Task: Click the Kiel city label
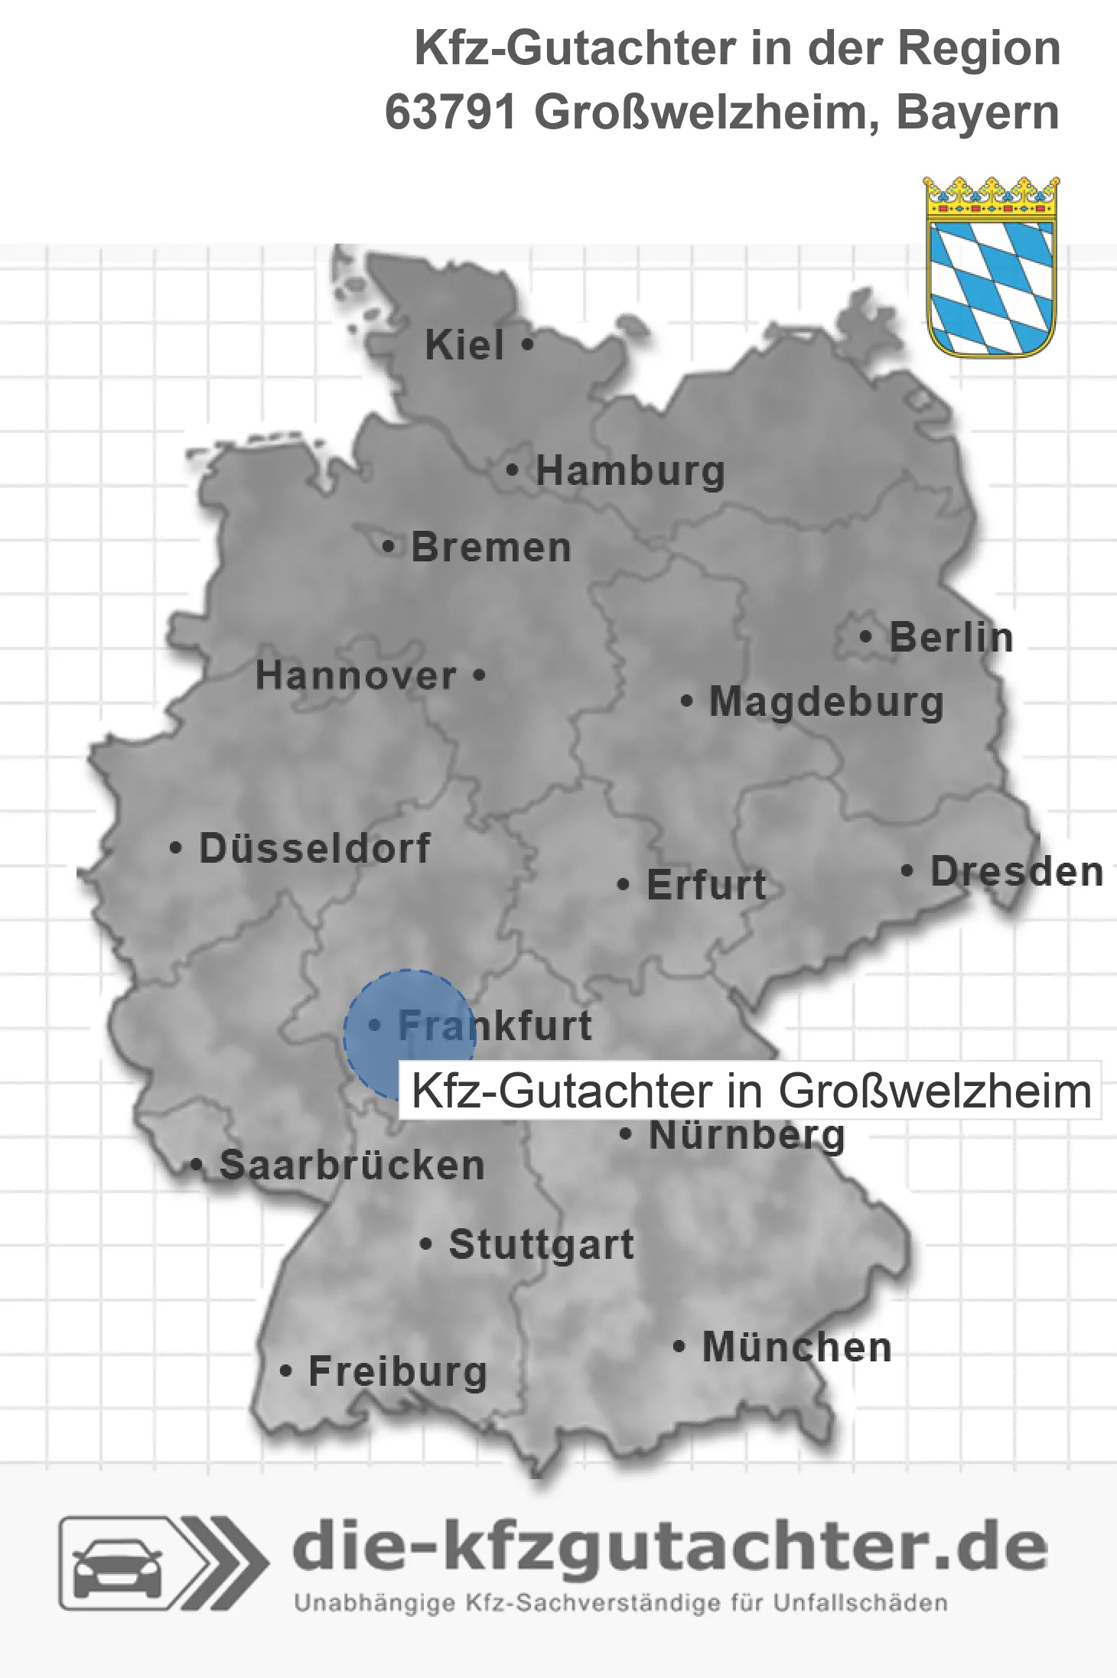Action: [464, 346]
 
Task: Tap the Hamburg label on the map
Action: [630, 471]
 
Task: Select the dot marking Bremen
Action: [389, 548]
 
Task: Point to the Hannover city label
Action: [356, 676]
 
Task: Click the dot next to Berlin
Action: [866, 636]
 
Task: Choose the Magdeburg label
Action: [826, 702]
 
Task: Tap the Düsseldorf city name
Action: [314, 848]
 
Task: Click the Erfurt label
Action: [706, 886]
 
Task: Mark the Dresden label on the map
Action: [1016, 872]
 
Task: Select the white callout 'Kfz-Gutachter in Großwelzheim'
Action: [751, 1091]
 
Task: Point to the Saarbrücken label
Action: [352, 1166]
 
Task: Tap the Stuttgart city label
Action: [541, 1245]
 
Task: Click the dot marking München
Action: [679, 1346]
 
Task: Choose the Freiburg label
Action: [397, 1372]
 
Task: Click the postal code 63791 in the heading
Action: [451, 113]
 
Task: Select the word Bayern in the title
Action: [977, 113]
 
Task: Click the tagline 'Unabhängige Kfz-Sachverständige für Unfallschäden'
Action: [620, 1603]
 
